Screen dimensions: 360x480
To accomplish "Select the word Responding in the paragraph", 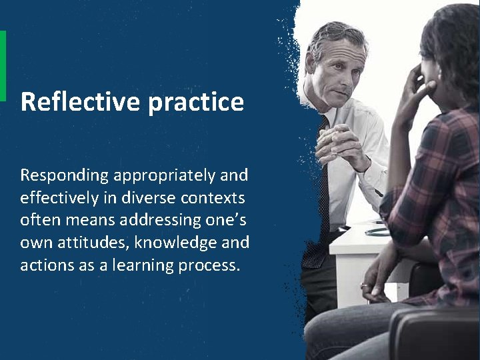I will [64, 176].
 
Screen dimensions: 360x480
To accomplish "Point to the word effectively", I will [60, 198].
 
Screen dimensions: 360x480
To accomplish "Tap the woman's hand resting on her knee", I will [373, 280].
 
